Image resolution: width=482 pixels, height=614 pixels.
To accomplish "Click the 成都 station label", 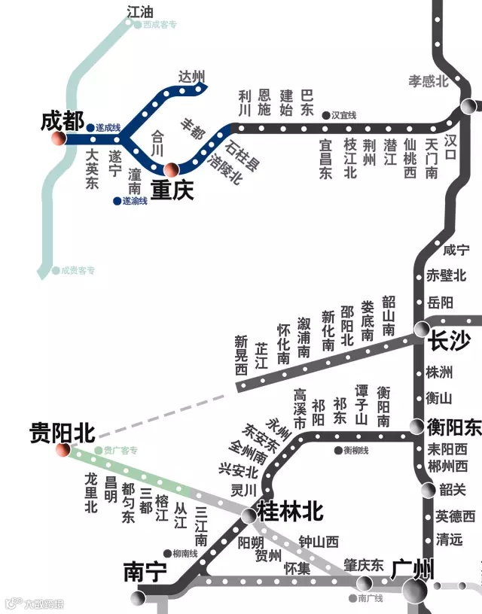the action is [x=63, y=120].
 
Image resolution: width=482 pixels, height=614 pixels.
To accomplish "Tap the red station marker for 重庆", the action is [x=172, y=169].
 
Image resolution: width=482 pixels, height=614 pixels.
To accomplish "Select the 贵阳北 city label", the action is [x=62, y=432].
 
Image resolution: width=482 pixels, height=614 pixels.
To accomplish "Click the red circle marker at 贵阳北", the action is [x=63, y=450].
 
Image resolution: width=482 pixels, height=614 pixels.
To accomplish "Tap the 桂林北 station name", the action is [x=291, y=512].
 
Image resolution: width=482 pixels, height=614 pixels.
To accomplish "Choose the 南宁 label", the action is [x=145, y=573].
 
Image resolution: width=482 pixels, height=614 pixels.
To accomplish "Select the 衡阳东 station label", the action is [x=453, y=427].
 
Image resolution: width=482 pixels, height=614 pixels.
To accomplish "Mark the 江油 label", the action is [x=141, y=11].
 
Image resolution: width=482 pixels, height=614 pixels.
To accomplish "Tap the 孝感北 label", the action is [x=429, y=81].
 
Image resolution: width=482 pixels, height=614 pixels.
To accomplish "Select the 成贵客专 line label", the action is [x=78, y=270].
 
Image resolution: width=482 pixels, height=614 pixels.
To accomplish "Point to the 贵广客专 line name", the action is [x=120, y=451].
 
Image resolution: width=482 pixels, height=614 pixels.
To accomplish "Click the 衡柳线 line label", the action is [x=356, y=450].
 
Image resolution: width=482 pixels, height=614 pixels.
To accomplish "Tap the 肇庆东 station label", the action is [x=365, y=564].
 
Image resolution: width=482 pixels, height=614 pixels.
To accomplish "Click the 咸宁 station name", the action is [x=456, y=251].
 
